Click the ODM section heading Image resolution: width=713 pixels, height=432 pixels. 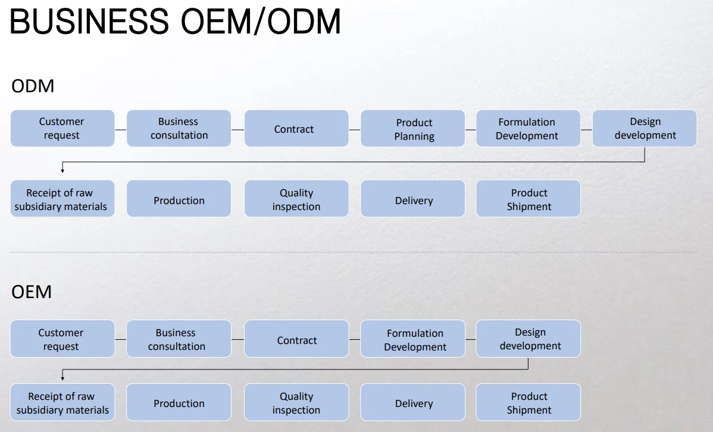click(x=33, y=86)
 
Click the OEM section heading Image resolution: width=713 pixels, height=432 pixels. click(x=32, y=292)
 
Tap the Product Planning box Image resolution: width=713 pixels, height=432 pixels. click(x=413, y=129)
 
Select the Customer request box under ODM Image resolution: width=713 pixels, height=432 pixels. click(x=62, y=129)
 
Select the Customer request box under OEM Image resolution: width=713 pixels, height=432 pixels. click(x=62, y=339)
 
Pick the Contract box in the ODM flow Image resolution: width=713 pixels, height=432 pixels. click(x=296, y=129)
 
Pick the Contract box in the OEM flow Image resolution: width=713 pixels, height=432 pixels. click(x=296, y=339)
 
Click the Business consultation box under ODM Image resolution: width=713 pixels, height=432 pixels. click(x=179, y=129)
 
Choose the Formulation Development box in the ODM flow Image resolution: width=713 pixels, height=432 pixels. click(x=527, y=129)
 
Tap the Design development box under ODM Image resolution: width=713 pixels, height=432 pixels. click(x=645, y=129)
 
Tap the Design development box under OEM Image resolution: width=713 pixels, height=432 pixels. click(x=529, y=339)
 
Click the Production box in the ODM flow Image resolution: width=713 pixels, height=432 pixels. click(x=179, y=200)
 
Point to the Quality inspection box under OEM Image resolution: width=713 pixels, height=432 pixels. click(x=296, y=403)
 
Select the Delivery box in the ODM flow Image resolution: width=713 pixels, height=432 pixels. click(x=413, y=200)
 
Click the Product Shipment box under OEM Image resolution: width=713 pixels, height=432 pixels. click(x=529, y=403)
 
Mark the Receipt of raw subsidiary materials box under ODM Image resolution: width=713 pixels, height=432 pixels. click(x=62, y=200)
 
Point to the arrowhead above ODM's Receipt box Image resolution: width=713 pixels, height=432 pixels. click(x=62, y=171)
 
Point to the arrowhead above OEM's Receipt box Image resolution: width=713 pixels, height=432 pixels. click(x=62, y=378)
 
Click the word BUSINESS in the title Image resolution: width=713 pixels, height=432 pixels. click(x=89, y=21)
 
